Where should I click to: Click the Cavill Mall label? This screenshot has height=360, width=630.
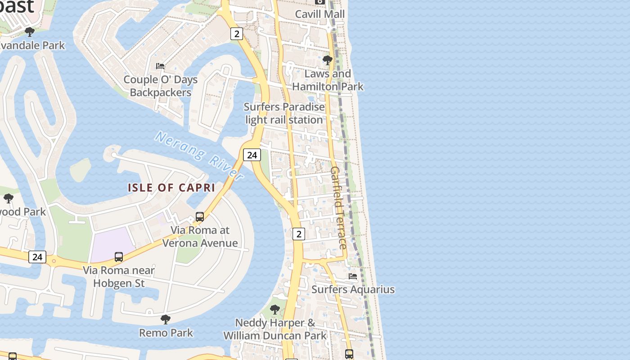point(320,14)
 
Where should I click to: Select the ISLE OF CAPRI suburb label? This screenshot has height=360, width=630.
point(171,188)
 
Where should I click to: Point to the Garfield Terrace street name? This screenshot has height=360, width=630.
point(338,207)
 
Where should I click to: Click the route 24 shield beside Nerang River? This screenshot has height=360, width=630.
point(252,155)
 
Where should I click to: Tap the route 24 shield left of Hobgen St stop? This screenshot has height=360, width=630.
point(37,257)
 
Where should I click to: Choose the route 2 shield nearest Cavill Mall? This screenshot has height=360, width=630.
point(237,33)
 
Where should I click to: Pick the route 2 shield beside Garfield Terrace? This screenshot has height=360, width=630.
point(298,234)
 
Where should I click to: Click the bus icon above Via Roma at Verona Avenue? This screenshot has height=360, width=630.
point(200,217)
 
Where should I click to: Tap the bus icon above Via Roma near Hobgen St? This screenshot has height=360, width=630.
point(119,257)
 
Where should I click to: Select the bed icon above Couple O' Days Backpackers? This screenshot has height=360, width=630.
point(160,66)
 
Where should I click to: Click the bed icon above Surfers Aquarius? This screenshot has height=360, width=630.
point(353,276)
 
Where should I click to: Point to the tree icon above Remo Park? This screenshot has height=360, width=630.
point(166,319)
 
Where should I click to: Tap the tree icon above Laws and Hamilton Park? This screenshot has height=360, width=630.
point(328,60)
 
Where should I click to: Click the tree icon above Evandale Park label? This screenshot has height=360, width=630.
point(30,32)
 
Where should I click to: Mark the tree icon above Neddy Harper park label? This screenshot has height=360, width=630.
point(275,310)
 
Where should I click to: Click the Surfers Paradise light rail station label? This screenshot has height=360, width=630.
point(284,113)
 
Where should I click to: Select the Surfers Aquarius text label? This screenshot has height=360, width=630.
point(353,289)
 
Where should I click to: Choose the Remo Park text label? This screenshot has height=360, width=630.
point(166,333)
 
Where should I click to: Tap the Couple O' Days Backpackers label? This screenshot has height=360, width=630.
point(161,86)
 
